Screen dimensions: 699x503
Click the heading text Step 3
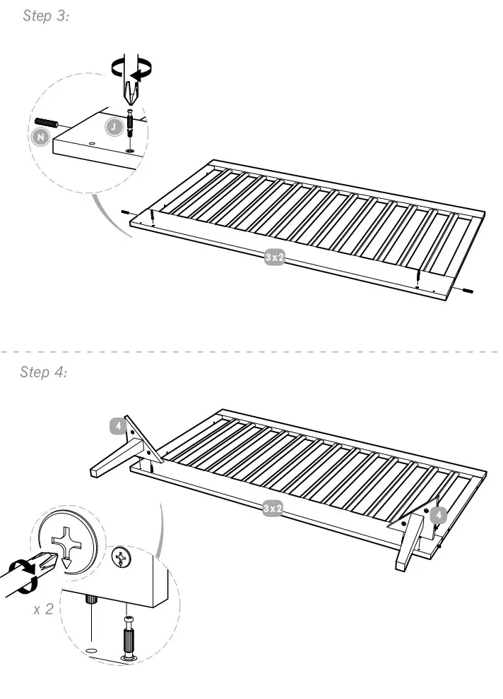[x=46, y=16]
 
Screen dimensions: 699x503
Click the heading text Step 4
[x=44, y=372]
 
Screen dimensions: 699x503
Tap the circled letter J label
[x=113, y=127]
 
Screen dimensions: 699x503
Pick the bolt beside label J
[x=130, y=124]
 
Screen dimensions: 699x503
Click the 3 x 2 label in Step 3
[x=274, y=257]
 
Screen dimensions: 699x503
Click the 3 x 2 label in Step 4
[x=273, y=508]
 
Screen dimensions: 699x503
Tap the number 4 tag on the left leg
[x=119, y=426]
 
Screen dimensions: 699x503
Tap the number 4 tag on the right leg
[x=438, y=515]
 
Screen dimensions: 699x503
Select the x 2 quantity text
[x=44, y=609]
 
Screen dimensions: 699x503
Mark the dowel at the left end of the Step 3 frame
[x=125, y=212]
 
